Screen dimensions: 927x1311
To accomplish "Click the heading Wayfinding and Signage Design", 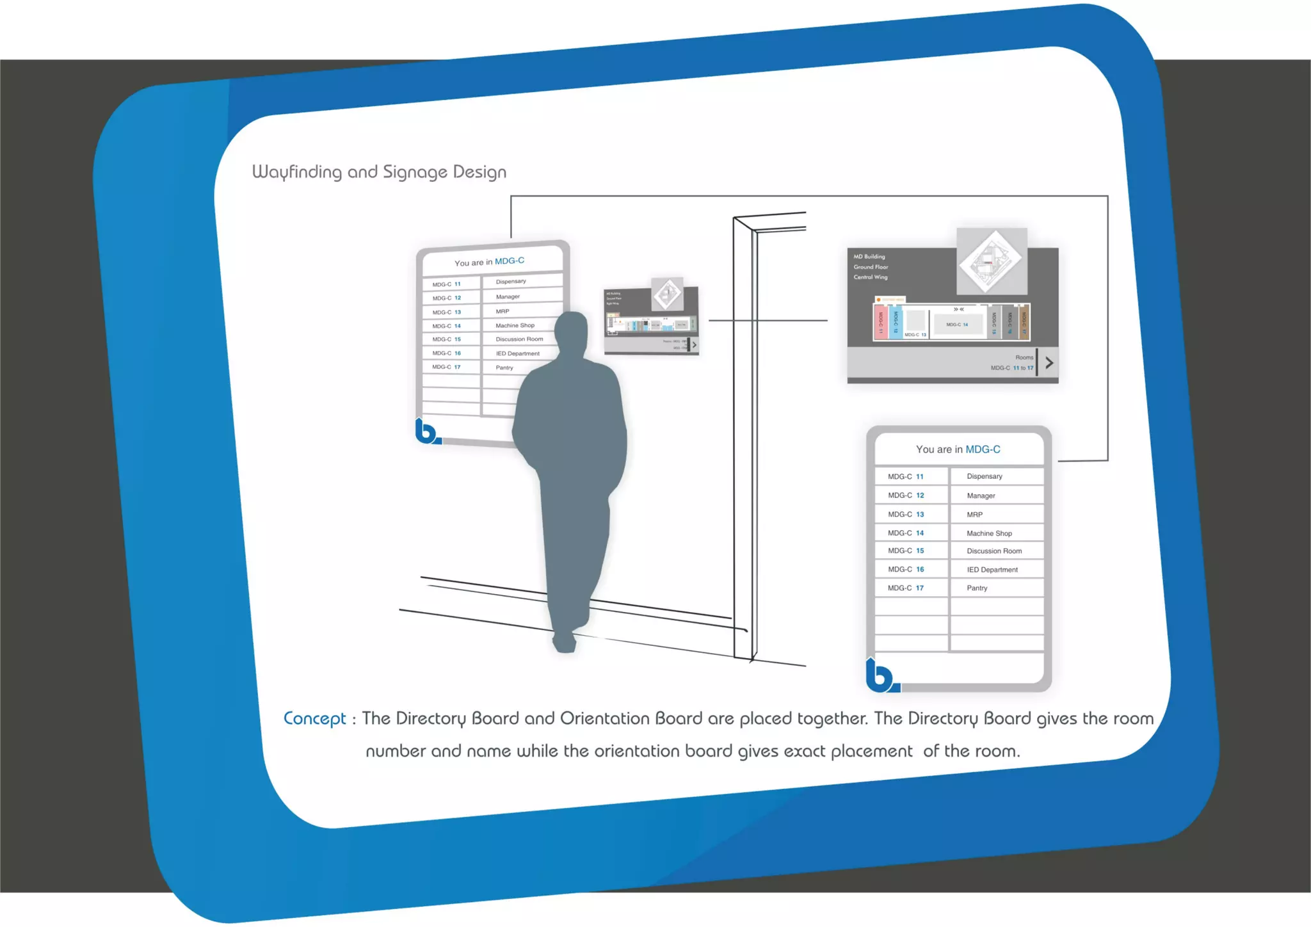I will [379, 172].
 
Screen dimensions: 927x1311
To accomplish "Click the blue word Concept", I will [314, 718].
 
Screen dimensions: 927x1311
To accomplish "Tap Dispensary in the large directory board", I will [984, 476].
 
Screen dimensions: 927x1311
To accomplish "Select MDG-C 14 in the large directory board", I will [905, 533].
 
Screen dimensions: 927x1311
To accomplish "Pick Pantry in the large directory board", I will [977, 588].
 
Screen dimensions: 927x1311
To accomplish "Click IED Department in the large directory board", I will [992, 569].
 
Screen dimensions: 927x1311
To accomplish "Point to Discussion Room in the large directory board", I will [993, 551].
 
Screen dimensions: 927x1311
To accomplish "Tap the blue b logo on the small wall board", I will [426, 432].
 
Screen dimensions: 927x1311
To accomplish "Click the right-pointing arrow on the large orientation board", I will [1049, 363].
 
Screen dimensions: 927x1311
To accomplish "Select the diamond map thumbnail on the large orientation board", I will [992, 261].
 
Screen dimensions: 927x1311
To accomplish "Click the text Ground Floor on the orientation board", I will [871, 267].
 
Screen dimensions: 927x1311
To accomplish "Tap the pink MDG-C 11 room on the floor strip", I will [881, 322].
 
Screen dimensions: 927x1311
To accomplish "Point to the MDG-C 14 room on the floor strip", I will [957, 324].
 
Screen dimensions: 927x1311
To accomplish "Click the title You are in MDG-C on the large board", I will [958, 449].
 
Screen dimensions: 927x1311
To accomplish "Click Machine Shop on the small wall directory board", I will [515, 325].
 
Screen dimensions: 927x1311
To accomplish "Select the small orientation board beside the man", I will [651, 318].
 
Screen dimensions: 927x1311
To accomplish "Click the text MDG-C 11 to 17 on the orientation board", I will [1011, 368].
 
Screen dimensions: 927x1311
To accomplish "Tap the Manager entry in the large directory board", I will [981, 496].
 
